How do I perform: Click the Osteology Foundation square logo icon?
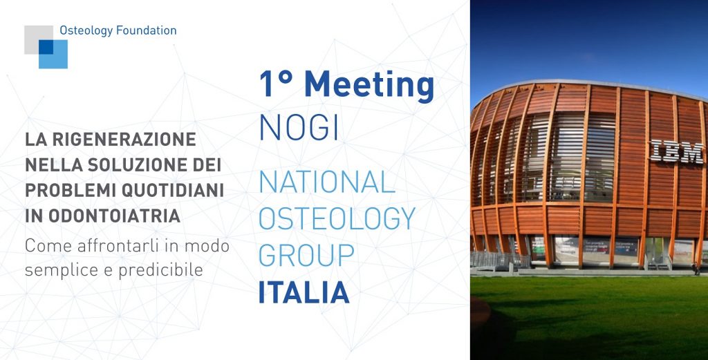(x=46, y=47)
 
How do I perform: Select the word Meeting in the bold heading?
(x=369, y=85)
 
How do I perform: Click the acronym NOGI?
(x=299, y=128)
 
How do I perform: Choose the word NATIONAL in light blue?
(x=327, y=182)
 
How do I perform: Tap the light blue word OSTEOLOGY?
(x=337, y=219)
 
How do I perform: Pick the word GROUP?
(x=306, y=255)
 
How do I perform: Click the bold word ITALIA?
(x=304, y=292)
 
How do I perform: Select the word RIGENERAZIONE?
(x=120, y=140)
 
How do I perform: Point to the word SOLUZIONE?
(x=141, y=165)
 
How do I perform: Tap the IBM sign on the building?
(x=677, y=151)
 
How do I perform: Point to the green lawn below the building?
(x=588, y=318)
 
